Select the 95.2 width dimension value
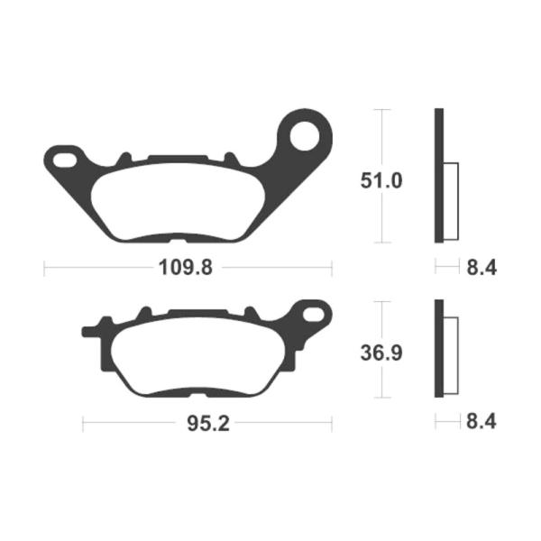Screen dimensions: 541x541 tap(206, 423)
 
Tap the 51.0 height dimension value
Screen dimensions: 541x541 tap(381, 180)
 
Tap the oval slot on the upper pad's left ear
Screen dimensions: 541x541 tap(65, 160)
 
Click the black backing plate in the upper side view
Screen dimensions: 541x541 tap(439, 176)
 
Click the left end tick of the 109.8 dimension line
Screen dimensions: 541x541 tap(44, 268)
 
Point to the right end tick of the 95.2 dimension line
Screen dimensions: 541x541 tap(332, 423)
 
